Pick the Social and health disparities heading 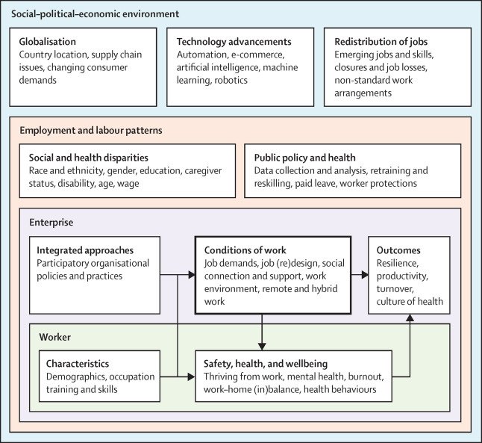point(88,158)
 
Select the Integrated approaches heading point(80,250)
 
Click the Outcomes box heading point(399,250)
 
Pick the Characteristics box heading point(73,364)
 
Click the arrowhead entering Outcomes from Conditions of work point(365,276)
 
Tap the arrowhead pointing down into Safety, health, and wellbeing point(262,345)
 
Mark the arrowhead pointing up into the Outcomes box point(410,318)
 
